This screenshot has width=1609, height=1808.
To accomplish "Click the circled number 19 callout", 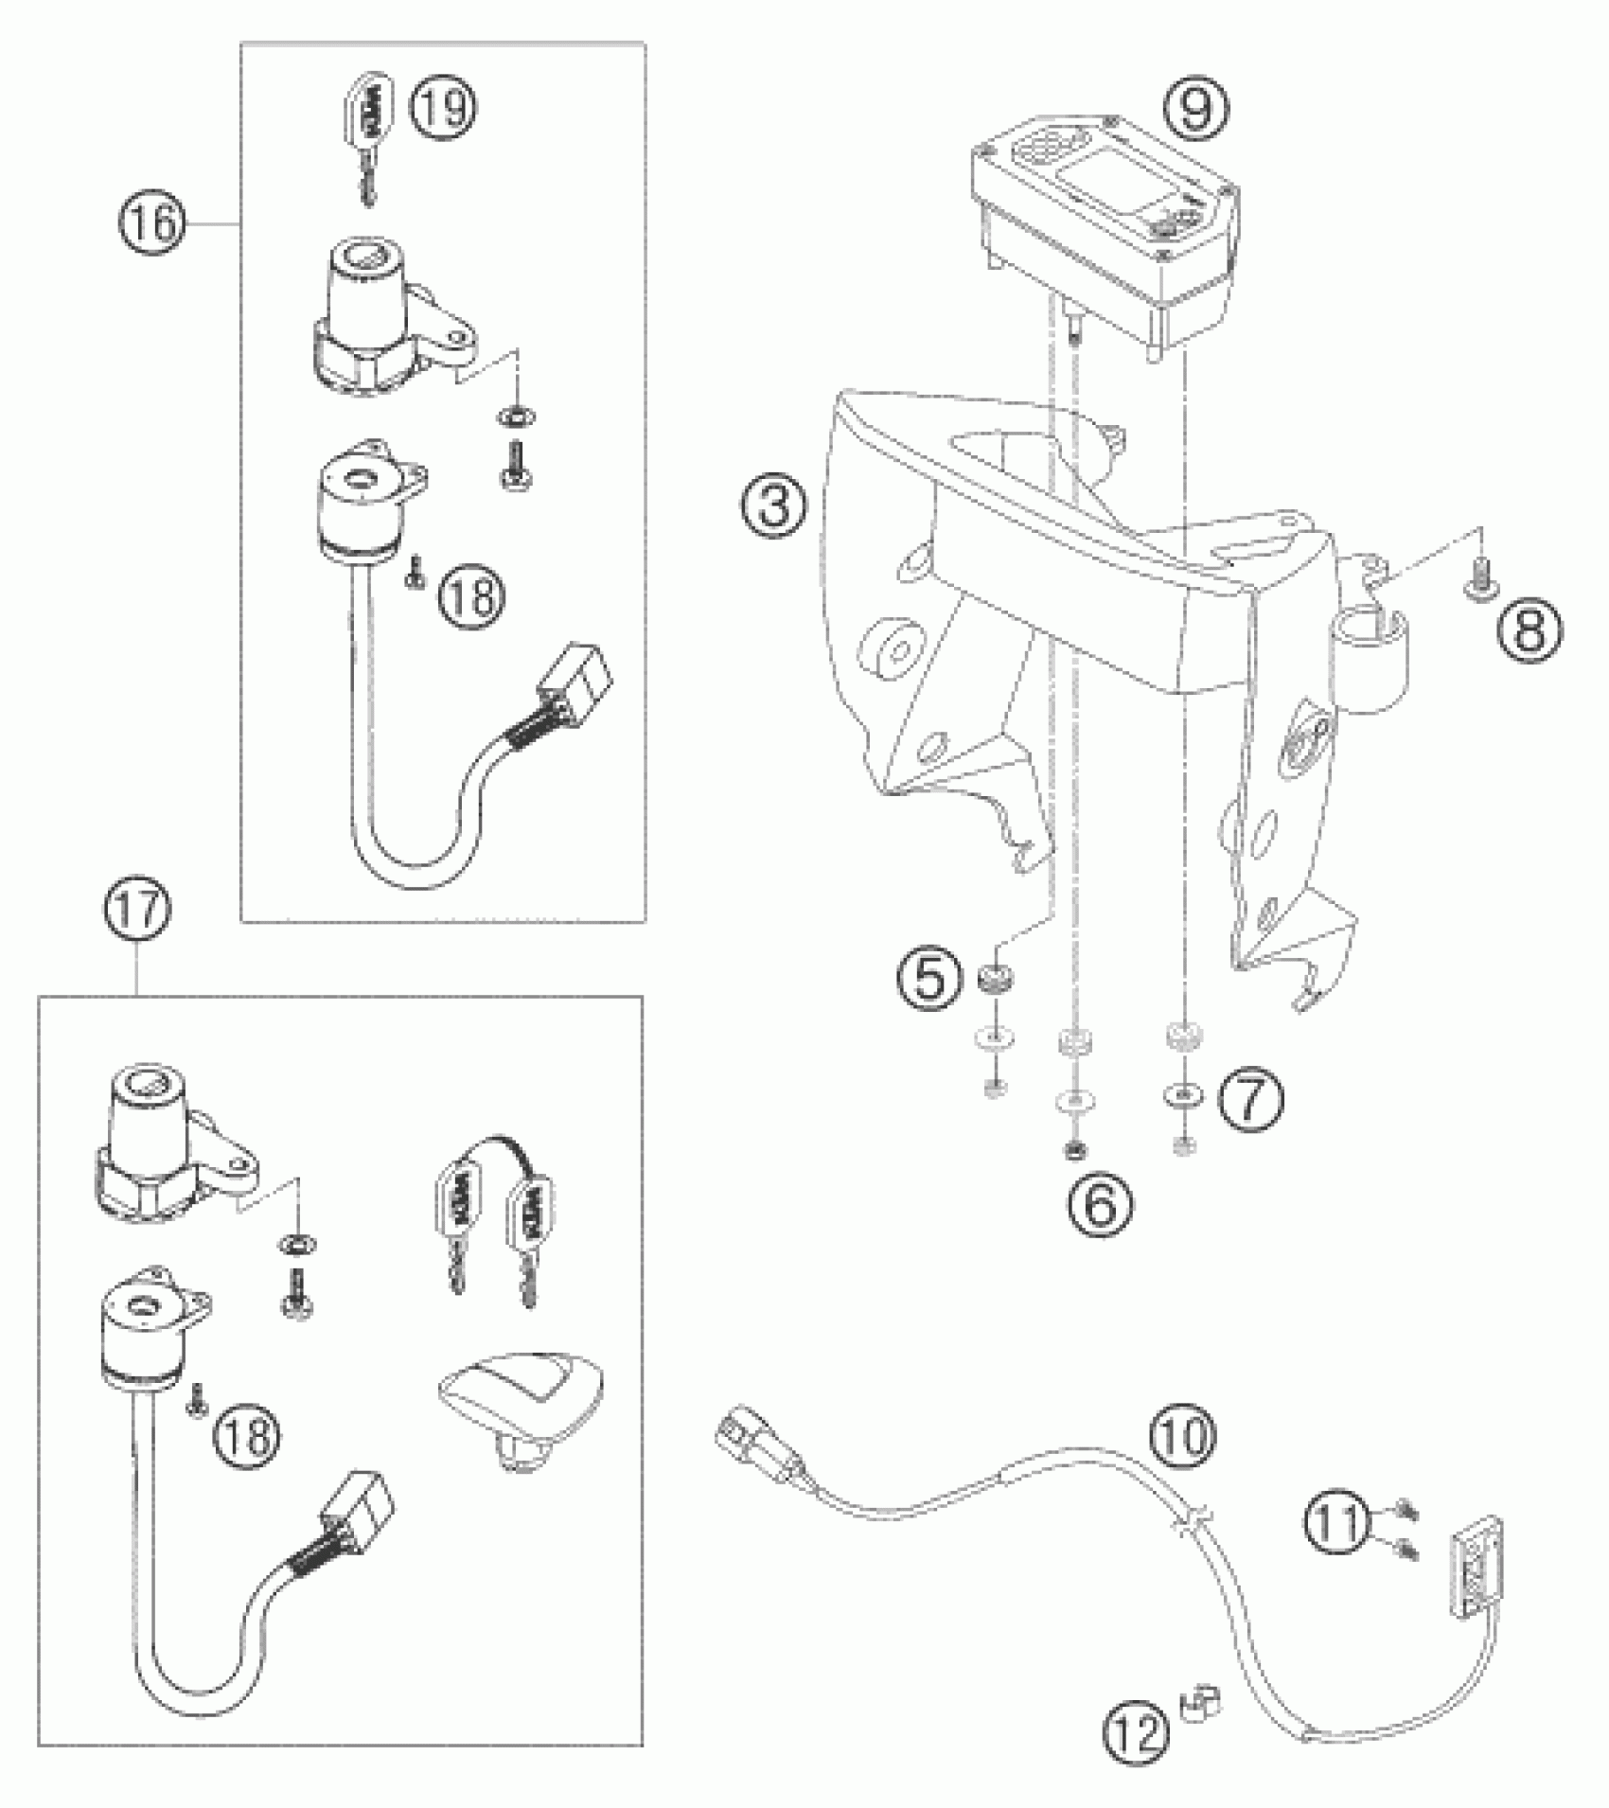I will click(x=443, y=107).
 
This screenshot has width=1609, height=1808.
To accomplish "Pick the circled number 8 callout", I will click(x=1529, y=628).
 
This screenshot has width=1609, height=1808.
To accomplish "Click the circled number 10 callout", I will click(x=1182, y=1434).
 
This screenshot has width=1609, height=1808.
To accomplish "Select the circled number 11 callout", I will click(x=1336, y=1523).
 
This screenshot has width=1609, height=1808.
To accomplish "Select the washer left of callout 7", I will click(x=1180, y=1095).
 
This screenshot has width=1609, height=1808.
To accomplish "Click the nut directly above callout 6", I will click(x=1074, y=1149).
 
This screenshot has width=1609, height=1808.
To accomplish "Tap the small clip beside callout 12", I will click(x=1200, y=1702).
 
